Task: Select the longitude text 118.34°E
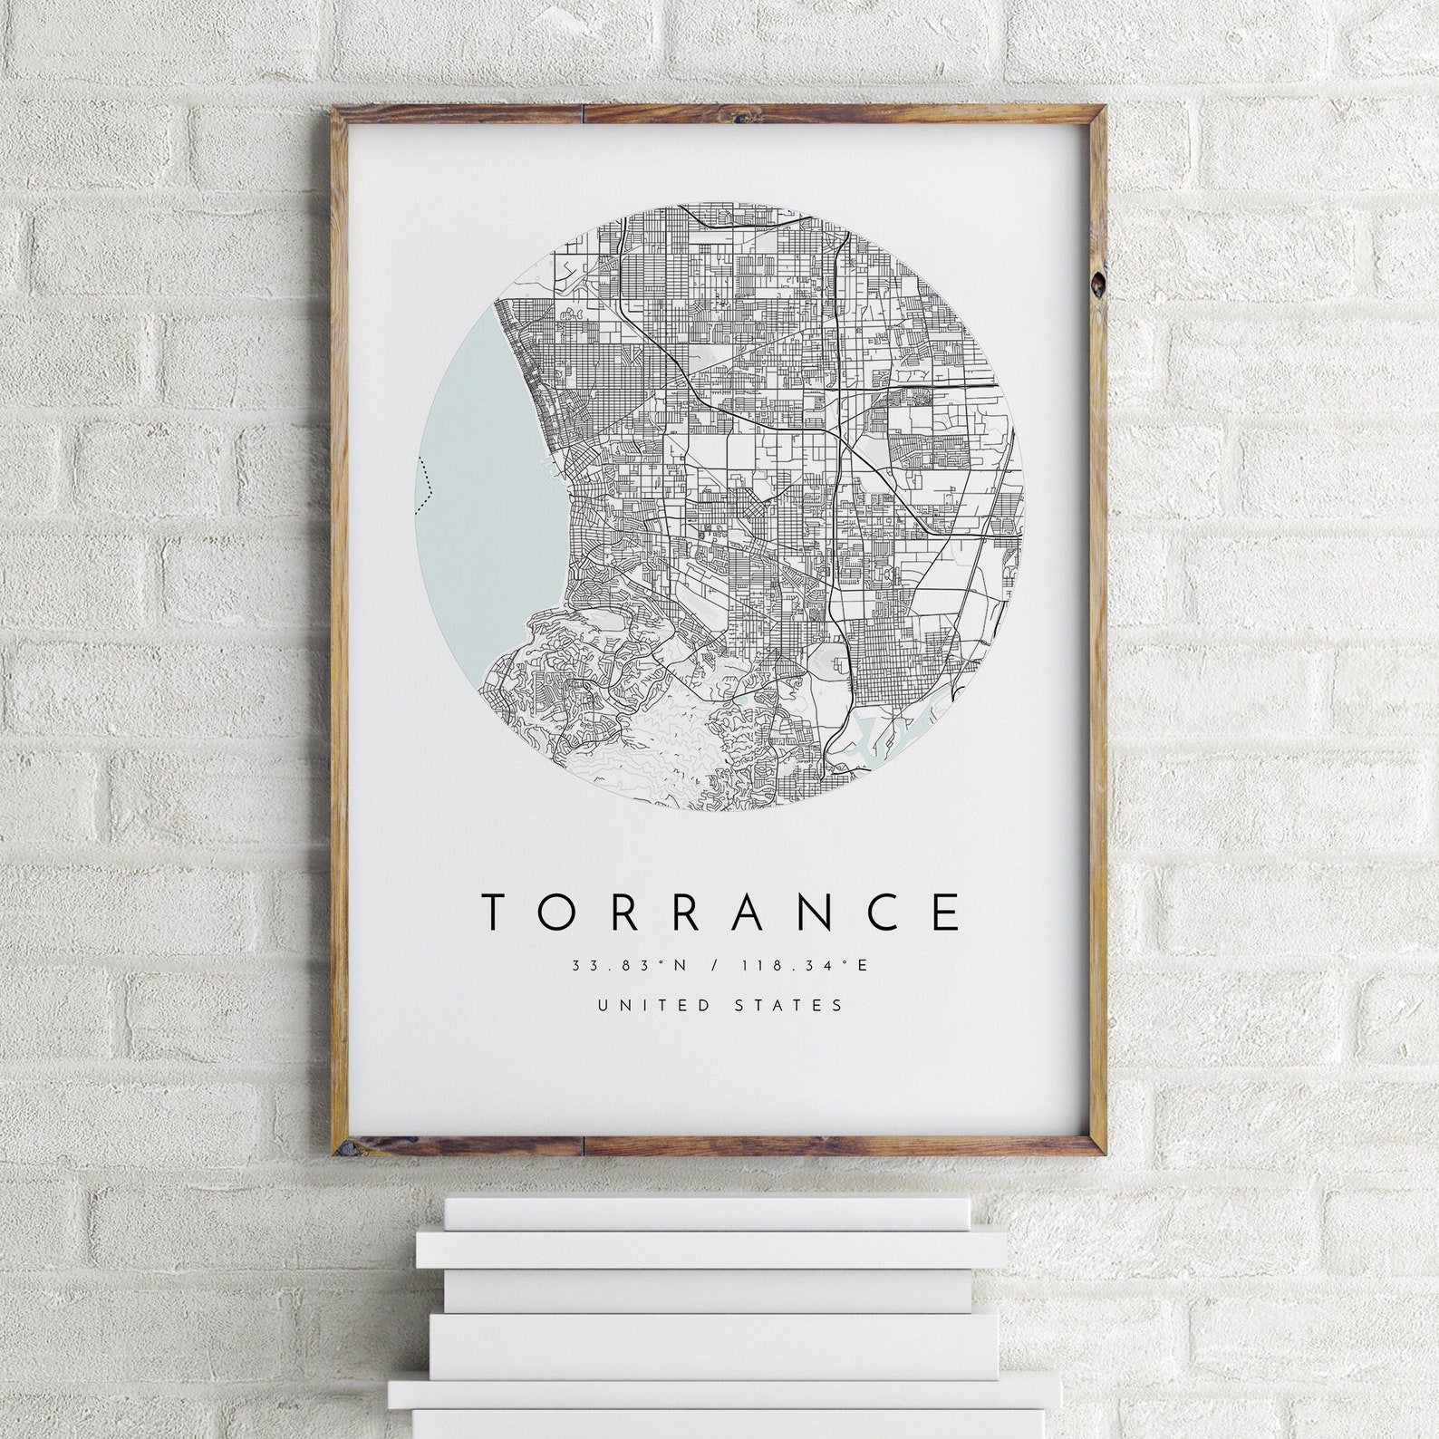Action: pyautogui.click(x=804, y=965)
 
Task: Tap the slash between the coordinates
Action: pyautogui.click(x=716, y=965)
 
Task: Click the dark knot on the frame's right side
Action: pyautogui.click(x=1097, y=283)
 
